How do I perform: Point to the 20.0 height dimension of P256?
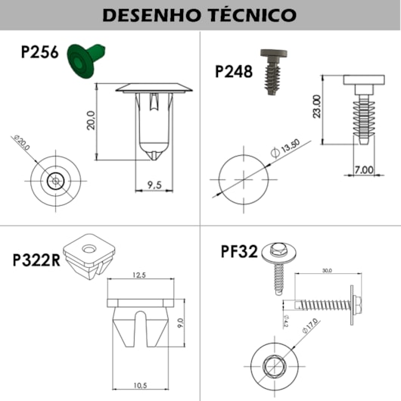coord(91,121)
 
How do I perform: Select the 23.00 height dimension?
coord(316,107)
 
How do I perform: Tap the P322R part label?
coord(36,260)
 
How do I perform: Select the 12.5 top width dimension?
coord(141,275)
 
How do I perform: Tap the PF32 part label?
coord(238,250)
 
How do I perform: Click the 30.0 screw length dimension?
coord(327,270)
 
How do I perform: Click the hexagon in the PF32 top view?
coord(273,367)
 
